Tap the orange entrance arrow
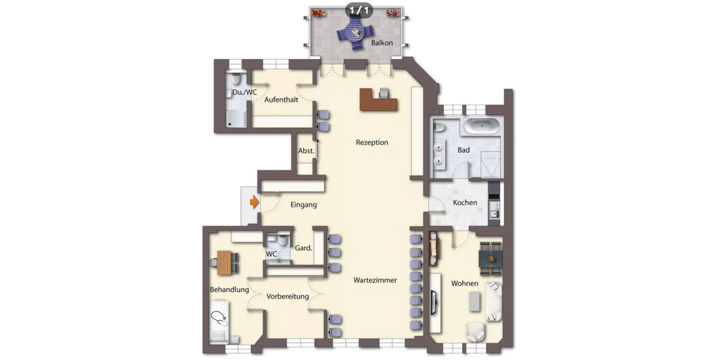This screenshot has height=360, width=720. pyautogui.click(x=254, y=202)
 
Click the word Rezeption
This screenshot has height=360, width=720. pyautogui.click(x=372, y=143)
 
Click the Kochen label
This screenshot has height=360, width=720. pyautogui.click(x=465, y=203)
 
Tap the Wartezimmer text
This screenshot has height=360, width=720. pyautogui.click(x=375, y=280)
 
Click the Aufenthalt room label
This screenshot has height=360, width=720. pyautogui.click(x=281, y=100)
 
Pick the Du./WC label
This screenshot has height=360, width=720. pyautogui.click(x=245, y=92)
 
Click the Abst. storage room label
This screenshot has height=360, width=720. pyautogui.click(x=307, y=151)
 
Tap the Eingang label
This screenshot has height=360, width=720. pyautogui.click(x=304, y=205)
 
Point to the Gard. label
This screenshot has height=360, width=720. pyautogui.click(x=303, y=248)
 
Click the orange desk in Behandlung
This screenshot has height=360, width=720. pyautogui.click(x=224, y=261)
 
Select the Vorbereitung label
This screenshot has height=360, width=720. pyautogui.click(x=288, y=296)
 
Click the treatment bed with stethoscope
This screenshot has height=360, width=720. pyautogui.click(x=220, y=318)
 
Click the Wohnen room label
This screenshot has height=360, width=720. pyautogui.click(x=465, y=284)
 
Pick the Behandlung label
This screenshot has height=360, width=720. pyautogui.click(x=229, y=290)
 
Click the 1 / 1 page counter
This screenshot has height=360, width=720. pyautogui.click(x=359, y=10)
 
